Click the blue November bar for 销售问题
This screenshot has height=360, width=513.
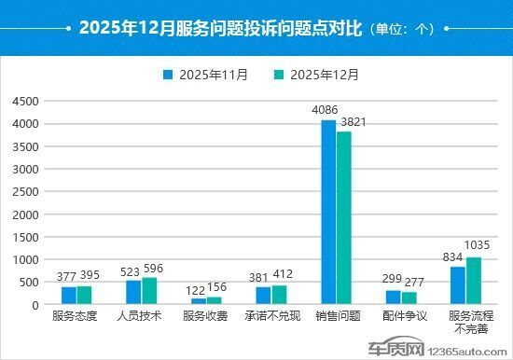[328, 213]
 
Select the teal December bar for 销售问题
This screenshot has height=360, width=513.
[343, 218]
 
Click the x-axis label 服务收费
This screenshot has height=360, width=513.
[206, 317]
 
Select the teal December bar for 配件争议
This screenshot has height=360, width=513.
[409, 298]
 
